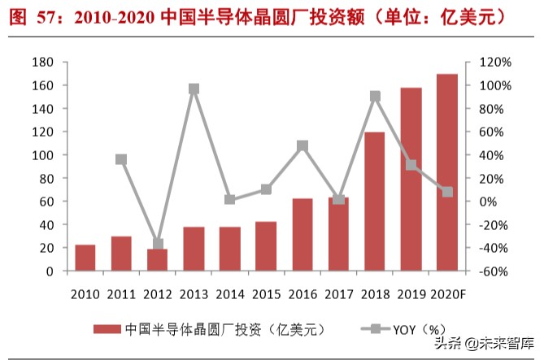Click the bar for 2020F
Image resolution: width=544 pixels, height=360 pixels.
(446, 172)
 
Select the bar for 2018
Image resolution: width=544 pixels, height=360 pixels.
(374, 201)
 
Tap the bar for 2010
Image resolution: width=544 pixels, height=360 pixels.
(85, 258)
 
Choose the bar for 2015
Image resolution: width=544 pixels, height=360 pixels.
(266, 246)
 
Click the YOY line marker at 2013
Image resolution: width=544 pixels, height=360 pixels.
(194, 89)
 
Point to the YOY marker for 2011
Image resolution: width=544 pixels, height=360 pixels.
(121, 159)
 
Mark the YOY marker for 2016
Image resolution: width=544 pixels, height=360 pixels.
(302, 146)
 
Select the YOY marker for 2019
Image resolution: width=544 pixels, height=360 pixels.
(411, 165)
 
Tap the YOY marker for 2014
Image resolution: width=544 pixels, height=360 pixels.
(230, 199)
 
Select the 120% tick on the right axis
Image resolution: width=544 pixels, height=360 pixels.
(494, 63)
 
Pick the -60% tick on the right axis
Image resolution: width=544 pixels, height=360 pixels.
(494, 271)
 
